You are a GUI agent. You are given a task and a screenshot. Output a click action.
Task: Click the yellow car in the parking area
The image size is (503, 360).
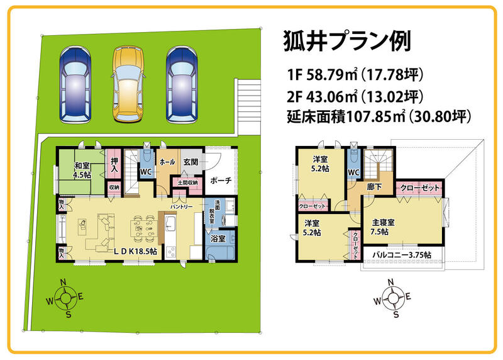point(128,84)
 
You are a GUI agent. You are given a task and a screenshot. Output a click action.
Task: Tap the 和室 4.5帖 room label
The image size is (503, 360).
point(82,170)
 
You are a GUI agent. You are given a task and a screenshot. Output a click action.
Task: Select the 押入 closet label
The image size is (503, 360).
point(114,164)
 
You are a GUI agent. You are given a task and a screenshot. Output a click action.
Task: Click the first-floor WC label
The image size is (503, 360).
point(146,172)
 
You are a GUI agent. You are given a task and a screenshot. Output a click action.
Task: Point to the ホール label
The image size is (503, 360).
point(167,162)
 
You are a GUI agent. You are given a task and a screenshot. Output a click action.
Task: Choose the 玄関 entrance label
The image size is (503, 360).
point(191,162)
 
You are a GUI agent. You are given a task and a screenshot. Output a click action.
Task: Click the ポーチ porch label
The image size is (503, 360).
point(221,180)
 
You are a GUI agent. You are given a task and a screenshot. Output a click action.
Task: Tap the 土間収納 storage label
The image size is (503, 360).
point(187,183)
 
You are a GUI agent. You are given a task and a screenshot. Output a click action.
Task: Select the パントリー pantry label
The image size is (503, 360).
point(181,207)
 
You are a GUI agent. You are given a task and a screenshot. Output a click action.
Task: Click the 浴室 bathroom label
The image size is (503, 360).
point(218,239)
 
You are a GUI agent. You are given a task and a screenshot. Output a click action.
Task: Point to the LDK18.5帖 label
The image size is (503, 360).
point(135,251)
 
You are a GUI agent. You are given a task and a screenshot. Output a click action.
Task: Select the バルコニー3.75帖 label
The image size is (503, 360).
point(402,255)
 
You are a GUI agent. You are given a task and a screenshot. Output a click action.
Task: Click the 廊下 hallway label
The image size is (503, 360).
point(373,186)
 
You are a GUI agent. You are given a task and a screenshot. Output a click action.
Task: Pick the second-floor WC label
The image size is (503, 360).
point(353,172)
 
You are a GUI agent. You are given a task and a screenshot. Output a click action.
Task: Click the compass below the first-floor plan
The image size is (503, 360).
point(65,298)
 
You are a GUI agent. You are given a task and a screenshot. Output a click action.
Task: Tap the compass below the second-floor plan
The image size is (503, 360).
point(392,298)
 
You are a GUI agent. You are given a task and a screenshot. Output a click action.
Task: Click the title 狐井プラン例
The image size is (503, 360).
point(347,42)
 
